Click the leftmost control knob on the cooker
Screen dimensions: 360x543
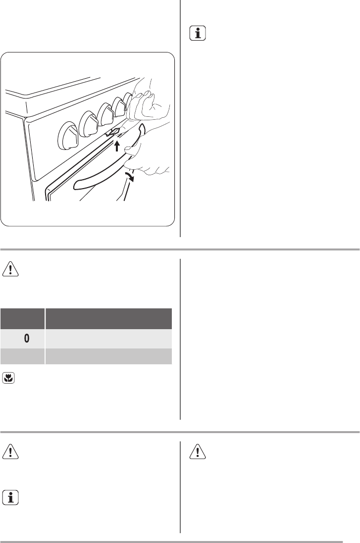coord(69,136)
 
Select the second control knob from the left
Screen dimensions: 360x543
coord(91,124)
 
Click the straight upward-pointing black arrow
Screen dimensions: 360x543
coord(117,146)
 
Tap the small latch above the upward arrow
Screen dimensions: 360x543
coord(113,132)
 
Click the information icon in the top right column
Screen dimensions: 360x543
coord(198,34)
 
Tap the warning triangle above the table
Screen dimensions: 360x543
coord(10,269)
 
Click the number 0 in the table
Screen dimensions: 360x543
coord(27,339)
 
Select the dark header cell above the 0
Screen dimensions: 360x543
coord(22,319)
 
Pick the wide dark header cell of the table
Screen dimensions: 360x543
coord(109,319)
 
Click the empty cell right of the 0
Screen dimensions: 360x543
coord(109,339)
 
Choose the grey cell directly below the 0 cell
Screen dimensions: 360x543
coord(22,356)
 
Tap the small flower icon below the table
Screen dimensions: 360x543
coord(8,379)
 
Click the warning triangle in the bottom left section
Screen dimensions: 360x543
coord(10,451)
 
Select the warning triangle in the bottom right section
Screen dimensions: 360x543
coord(198,451)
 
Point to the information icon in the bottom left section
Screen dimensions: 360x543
coord(10,497)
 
